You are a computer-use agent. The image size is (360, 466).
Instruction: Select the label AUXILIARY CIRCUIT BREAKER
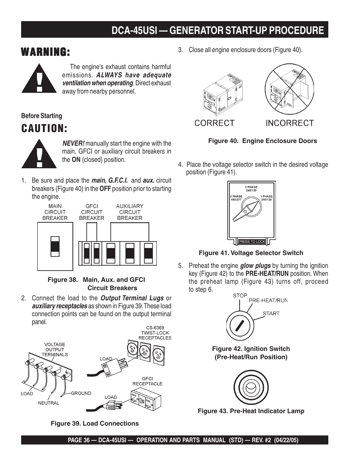coord(129,212)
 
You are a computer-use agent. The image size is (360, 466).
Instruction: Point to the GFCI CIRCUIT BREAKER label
coord(92,212)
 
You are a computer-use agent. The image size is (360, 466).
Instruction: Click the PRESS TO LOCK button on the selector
coord(252,241)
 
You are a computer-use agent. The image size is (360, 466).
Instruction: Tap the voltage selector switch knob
coord(246,211)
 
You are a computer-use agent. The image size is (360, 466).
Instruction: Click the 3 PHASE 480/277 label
coord(236,198)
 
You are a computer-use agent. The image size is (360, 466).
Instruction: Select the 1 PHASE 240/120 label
coord(266,198)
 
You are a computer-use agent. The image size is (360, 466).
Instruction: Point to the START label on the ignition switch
coord(271,314)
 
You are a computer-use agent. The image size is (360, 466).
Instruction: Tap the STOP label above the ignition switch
coord(240,295)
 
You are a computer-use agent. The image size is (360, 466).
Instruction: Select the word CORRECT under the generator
coord(214,123)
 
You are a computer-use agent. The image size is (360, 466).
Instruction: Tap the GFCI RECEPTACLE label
coord(147,381)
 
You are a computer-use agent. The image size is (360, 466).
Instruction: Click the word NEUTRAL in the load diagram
coord(49,403)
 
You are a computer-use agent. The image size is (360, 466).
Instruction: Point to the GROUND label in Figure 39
coord(81,393)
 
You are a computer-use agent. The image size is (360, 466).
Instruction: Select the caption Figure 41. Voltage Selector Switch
coord(251,253)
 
